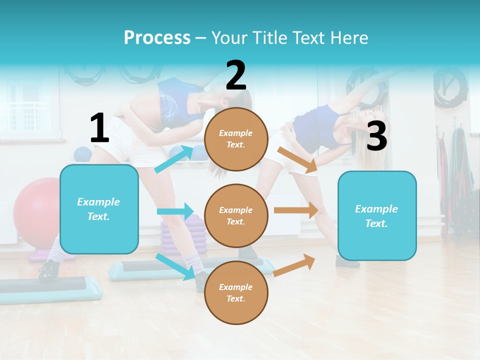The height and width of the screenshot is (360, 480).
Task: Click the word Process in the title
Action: [157, 37]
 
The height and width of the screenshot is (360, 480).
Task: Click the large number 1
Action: [99, 128]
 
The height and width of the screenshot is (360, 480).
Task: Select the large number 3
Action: [376, 136]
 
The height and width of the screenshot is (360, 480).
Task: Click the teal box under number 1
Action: [99, 209]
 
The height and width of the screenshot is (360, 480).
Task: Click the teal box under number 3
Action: [377, 215]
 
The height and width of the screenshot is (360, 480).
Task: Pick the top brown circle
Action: [236, 139]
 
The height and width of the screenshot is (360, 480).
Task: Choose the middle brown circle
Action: [236, 215]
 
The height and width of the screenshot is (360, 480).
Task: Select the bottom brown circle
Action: [236, 292]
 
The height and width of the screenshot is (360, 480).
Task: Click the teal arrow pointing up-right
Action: [173, 159]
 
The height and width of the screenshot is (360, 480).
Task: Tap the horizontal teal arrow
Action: [175, 211]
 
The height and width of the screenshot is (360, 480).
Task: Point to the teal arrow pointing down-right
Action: [175, 266]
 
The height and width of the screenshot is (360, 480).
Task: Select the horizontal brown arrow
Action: [296, 210]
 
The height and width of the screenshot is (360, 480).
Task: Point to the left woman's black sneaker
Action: [49, 269]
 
